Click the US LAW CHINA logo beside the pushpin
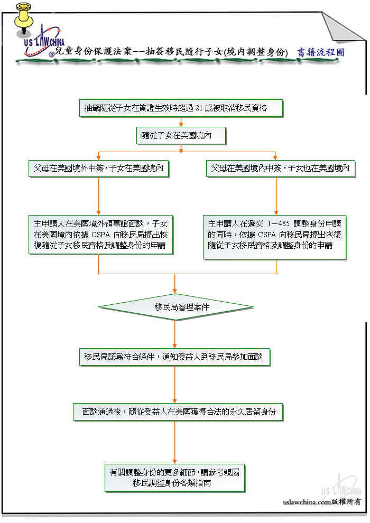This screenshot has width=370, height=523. coord(43,42)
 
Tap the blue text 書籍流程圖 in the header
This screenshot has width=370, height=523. coord(320,52)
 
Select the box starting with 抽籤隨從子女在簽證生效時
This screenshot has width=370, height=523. coord(181,108)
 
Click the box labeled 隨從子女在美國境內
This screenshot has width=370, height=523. coord(181,135)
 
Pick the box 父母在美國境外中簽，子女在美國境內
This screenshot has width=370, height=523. coord(98,169)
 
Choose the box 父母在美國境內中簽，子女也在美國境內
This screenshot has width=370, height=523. coord(281,169)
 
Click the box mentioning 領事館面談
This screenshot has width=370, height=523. coord(100,235)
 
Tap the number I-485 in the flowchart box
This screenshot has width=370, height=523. coord(279,223)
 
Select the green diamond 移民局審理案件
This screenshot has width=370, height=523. coord(175,307)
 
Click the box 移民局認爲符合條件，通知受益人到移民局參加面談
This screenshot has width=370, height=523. coord(174,357)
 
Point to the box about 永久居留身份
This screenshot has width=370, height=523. coord(178,412)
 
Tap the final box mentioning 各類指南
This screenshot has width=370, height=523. coord(175,478)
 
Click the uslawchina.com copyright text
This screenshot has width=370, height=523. coord(321,502)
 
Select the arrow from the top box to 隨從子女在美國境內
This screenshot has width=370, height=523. coord(181,122)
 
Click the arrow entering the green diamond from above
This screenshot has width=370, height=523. coord(174,284)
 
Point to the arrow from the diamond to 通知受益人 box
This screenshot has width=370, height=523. coord(174,334)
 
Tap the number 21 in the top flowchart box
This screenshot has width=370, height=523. coord(199,108)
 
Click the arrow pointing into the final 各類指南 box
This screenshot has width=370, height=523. coord(174,442)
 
